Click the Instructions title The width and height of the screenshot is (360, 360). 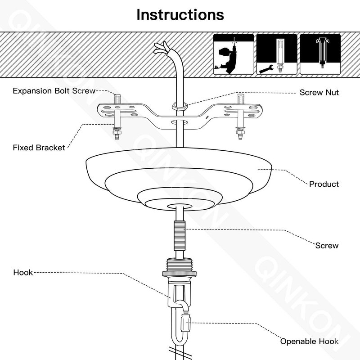pyautogui.click(x=180, y=15)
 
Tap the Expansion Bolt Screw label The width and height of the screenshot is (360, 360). pyautogui.click(x=54, y=91)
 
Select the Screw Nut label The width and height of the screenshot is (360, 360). pyautogui.click(x=319, y=92)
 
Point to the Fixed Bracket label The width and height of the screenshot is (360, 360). pyautogui.click(x=39, y=148)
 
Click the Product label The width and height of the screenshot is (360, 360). pyautogui.click(x=324, y=184)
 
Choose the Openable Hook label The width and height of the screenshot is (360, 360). pyautogui.click(x=309, y=341)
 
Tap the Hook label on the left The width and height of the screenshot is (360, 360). pyautogui.click(x=23, y=272)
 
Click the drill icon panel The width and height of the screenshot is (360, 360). pyautogui.click(x=234, y=54)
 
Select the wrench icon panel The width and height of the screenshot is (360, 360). pyautogui.click(x=277, y=54)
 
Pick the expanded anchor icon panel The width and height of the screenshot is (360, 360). pyautogui.click(x=320, y=54)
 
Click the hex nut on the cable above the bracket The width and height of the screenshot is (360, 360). pyautogui.click(x=180, y=106)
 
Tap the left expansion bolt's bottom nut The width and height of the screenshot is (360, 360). pyautogui.click(x=117, y=132)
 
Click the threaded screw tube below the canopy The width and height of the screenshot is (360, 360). pyautogui.click(x=180, y=236)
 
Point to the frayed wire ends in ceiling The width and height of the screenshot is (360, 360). pyautogui.click(x=162, y=48)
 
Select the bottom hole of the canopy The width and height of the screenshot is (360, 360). pyautogui.click(x=180, y=207)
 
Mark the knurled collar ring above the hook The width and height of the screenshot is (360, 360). pyautogui.click(x=180, y=273)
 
